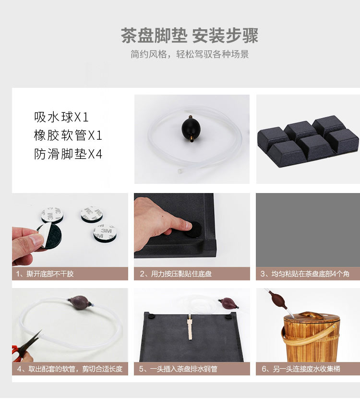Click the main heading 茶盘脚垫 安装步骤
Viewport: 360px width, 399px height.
(x=190, y=35)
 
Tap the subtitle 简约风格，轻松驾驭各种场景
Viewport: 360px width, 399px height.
(x=190, y=54)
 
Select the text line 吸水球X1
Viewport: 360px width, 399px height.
(x=61, y=117)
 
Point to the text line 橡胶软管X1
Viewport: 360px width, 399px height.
(x=68, y=135)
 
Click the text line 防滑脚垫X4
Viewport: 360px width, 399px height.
(x=68, y=154)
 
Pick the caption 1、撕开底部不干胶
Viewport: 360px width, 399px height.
(x=45, y=274)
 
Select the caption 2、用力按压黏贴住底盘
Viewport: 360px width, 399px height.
(x=176, y=274)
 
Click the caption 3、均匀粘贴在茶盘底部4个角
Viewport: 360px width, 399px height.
(x=305, y=274)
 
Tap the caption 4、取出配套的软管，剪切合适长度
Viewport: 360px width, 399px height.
(x=70, y=369)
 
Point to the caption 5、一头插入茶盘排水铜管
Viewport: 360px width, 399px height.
(x=178, y=369)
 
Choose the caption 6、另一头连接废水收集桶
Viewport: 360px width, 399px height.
(x=301, y=369)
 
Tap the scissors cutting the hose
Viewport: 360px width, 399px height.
(x=25, y=347)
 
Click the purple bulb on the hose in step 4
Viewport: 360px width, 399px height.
(x=79, y=302)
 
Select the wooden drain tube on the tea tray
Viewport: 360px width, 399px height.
(x=189, y=327)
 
